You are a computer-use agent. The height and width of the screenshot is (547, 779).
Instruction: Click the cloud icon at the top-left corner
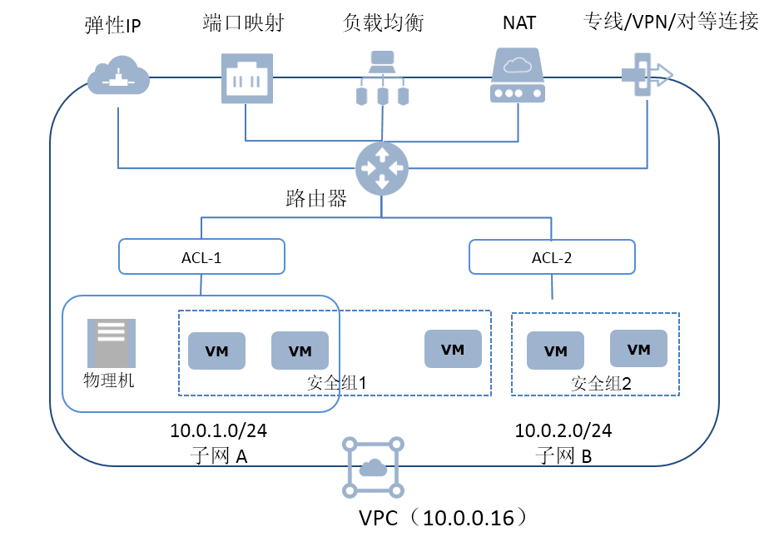click(118, 76)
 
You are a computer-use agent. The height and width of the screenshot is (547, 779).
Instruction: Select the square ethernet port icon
click(246, 78)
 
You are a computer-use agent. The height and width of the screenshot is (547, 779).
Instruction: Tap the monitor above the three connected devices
click(382, 61)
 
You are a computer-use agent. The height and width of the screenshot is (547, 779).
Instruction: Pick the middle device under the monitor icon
click(382, 97)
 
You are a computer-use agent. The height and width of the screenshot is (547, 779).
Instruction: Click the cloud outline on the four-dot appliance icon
click(517, 65)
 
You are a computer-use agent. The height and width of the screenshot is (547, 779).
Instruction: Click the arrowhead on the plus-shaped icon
click(664, 75)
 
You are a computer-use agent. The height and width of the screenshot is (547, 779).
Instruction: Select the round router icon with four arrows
click(382, 168)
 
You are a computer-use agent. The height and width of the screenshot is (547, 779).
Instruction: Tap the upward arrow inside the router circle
click(382, 154)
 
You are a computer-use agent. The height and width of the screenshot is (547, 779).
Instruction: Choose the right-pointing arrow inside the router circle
click(396, 168)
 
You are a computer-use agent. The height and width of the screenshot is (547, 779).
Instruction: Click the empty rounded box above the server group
click(201, 256)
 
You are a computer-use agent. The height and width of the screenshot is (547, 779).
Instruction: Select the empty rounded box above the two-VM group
click(552, 256)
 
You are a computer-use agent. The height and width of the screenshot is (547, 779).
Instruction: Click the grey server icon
click(112, 343)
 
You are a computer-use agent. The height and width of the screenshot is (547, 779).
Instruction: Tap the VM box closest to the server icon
click(216, 351)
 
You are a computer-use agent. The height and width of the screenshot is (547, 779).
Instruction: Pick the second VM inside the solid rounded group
click(300, 351)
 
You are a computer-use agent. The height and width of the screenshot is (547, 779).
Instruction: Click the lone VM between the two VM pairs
click(453, 349)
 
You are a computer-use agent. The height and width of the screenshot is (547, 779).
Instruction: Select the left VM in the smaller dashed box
click(555, 351)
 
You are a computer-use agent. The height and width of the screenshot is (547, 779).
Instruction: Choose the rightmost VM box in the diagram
click(638, 349)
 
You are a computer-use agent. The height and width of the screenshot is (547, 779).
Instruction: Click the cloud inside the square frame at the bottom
click(373, 468)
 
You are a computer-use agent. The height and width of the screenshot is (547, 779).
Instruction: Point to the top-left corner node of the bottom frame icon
click(350, 445)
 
